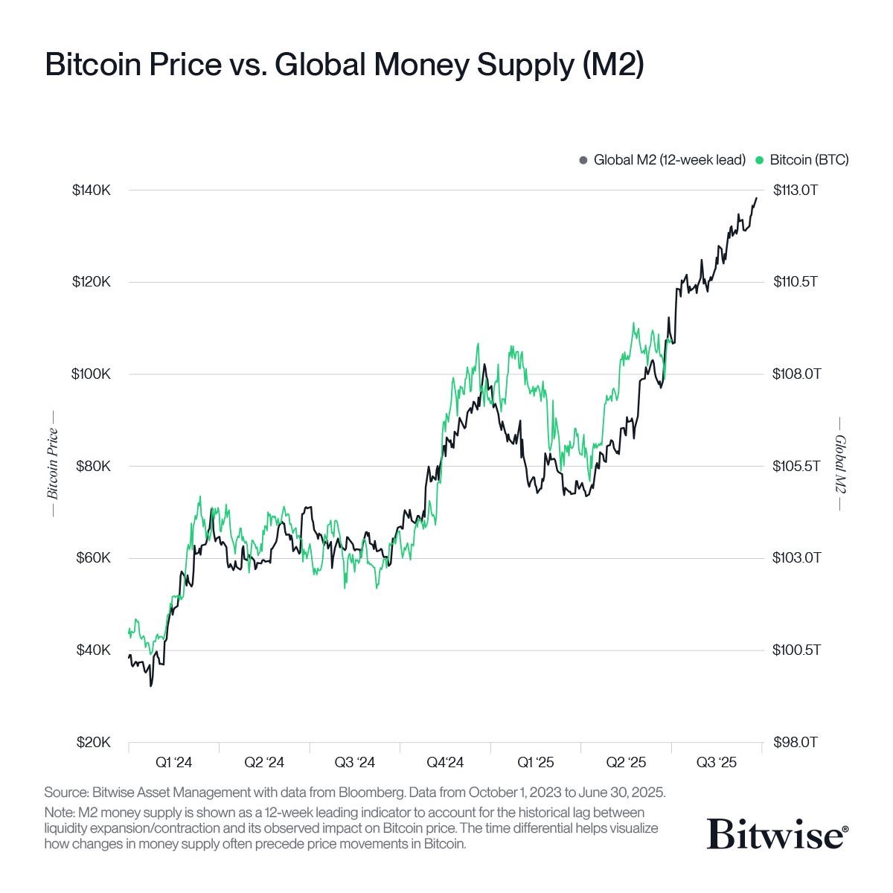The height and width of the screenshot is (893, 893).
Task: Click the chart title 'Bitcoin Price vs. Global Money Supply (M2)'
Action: (x=344, y=65)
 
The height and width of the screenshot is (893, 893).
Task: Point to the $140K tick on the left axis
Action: (x=91, y=191)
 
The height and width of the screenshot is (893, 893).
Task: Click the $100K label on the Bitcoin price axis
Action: (x=91, y=374)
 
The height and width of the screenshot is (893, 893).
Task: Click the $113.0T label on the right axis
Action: (x=796, y=191)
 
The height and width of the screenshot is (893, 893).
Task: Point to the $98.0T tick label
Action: (x=796, y=743)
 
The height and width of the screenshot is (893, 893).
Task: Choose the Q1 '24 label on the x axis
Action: (x=173, y=763)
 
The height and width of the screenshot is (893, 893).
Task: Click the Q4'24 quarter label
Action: (x=445, y=763)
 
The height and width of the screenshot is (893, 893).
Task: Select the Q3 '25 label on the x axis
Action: (x=716, y=763)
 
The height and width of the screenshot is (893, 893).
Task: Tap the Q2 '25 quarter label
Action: (x=626, y=763)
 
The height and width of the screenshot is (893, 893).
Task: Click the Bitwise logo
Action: (x=775, y=833)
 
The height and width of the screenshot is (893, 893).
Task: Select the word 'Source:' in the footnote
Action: (x=65, y=792)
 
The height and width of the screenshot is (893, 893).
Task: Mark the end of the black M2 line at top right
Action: (x=757, y=198)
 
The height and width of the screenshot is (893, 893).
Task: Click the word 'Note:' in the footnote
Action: (x=60, y=812)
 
